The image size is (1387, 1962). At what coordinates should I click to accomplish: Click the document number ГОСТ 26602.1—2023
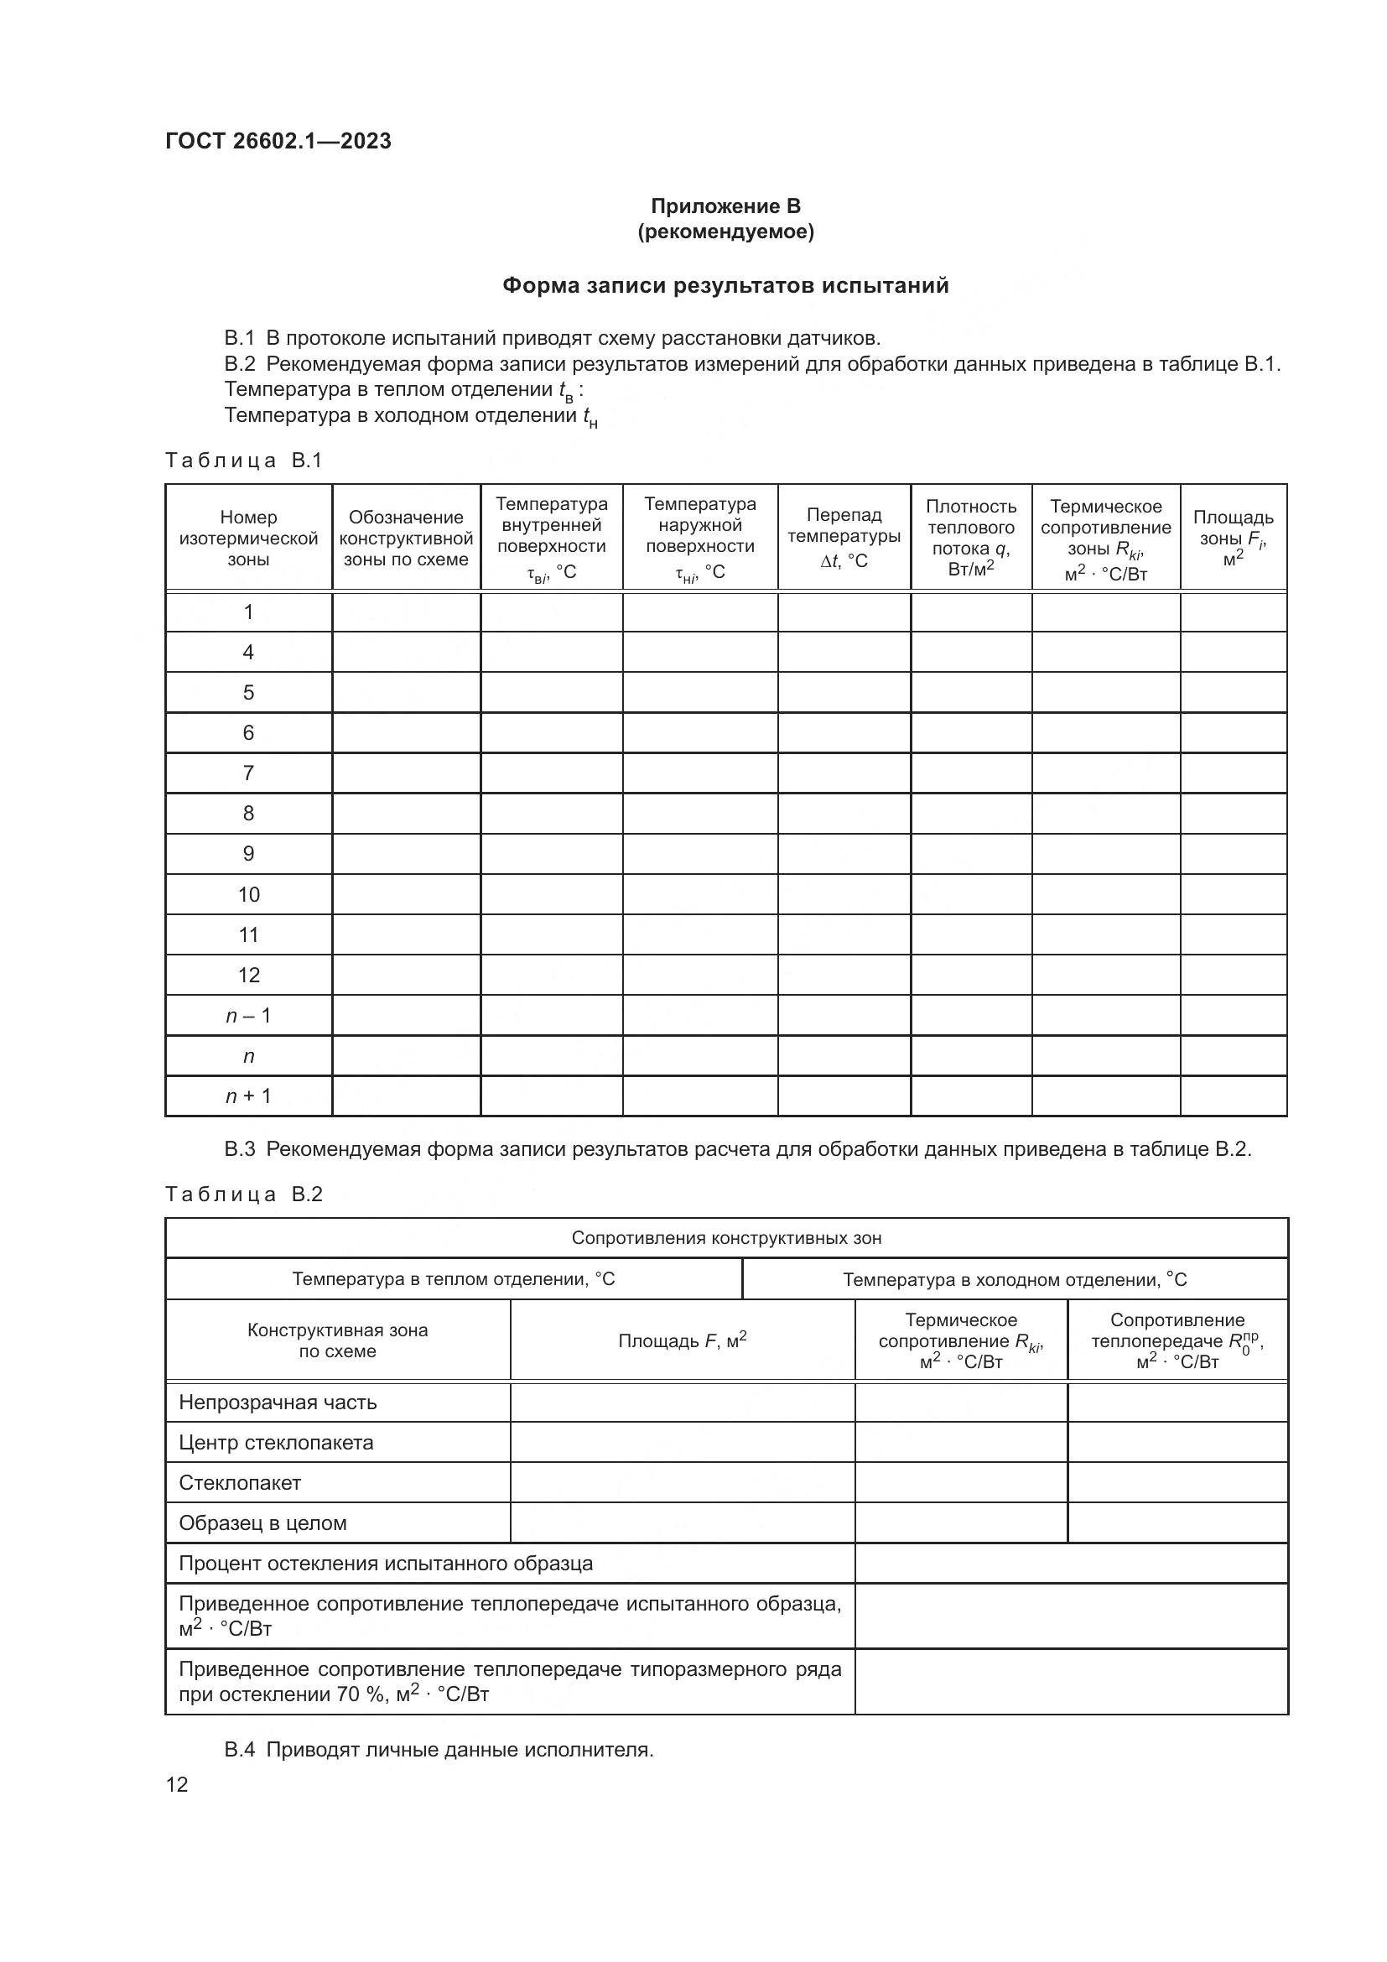point(278,141)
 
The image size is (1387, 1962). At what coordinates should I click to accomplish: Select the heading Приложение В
point(725,206)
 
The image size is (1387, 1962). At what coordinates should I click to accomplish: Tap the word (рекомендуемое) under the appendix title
point(725,232)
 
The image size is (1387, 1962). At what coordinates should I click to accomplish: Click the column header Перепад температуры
point(844,538)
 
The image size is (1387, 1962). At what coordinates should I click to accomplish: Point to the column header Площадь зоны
point(1233,538)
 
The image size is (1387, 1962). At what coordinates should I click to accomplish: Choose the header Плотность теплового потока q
point(971,538)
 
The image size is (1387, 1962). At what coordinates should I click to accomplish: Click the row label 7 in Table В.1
point(248,773)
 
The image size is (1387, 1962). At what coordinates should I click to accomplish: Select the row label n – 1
point(248,1015)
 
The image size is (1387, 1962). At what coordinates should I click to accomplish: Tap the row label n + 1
point(248,1096)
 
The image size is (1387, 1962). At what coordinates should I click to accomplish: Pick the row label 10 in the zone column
point(248,895)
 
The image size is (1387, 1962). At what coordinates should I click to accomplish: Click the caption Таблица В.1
point(243,461)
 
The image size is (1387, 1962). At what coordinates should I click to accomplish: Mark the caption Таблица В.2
point(243,1194)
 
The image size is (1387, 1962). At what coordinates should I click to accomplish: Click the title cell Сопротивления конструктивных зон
point(726,1238)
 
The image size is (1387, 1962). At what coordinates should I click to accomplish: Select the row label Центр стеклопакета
point(276,1443)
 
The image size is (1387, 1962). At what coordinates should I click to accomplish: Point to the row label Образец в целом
point(262,1522)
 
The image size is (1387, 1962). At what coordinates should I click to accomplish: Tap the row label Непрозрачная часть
point(278,1403)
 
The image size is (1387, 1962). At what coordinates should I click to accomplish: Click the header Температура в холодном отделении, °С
point(1015,1279)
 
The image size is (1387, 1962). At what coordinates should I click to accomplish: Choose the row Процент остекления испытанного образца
point(385,1563)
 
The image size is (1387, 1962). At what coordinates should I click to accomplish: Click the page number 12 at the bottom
point(177,1784)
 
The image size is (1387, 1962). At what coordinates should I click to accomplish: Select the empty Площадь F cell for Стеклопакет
point(683,1482)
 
